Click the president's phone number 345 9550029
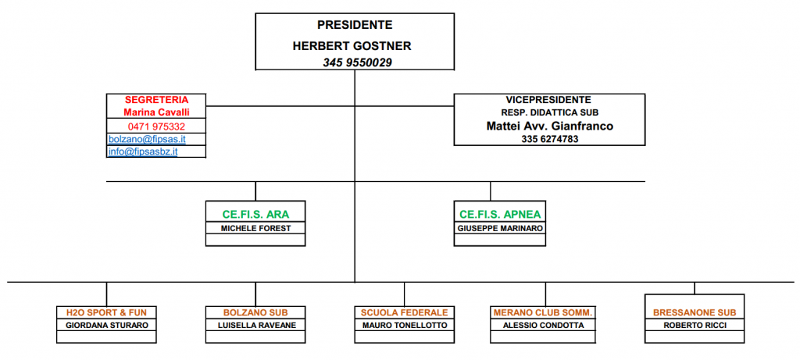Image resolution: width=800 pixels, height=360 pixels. pos(357,62)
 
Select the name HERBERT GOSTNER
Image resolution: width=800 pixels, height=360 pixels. pos(352,46)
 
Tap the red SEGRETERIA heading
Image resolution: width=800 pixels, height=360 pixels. pos(156,100)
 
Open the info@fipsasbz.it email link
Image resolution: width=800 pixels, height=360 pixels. pos(143,151)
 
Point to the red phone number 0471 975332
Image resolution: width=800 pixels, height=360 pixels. pos(156,127)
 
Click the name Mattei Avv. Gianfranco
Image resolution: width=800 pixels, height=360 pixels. pos(549,126)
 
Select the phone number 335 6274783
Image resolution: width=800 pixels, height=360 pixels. pos(549,139)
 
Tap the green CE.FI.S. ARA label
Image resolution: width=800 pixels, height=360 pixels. pos(255,215)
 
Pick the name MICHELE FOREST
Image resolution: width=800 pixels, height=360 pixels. pos(255,229)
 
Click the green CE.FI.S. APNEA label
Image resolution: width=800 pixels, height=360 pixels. pos(500,215)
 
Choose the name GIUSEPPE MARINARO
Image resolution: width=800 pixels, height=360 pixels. pos(500,229)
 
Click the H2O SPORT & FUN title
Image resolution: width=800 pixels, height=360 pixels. pos(106,312)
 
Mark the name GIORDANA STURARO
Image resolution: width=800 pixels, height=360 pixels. pos(106,326)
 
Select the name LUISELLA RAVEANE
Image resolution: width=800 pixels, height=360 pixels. pos(255,326)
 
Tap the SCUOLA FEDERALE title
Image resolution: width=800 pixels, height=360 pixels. pos(405,312)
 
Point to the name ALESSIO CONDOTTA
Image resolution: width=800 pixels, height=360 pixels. pos(544,326)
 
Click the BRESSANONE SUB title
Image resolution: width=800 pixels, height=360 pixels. pos(695,312)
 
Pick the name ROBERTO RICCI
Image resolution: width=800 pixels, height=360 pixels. pos(695,326)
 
